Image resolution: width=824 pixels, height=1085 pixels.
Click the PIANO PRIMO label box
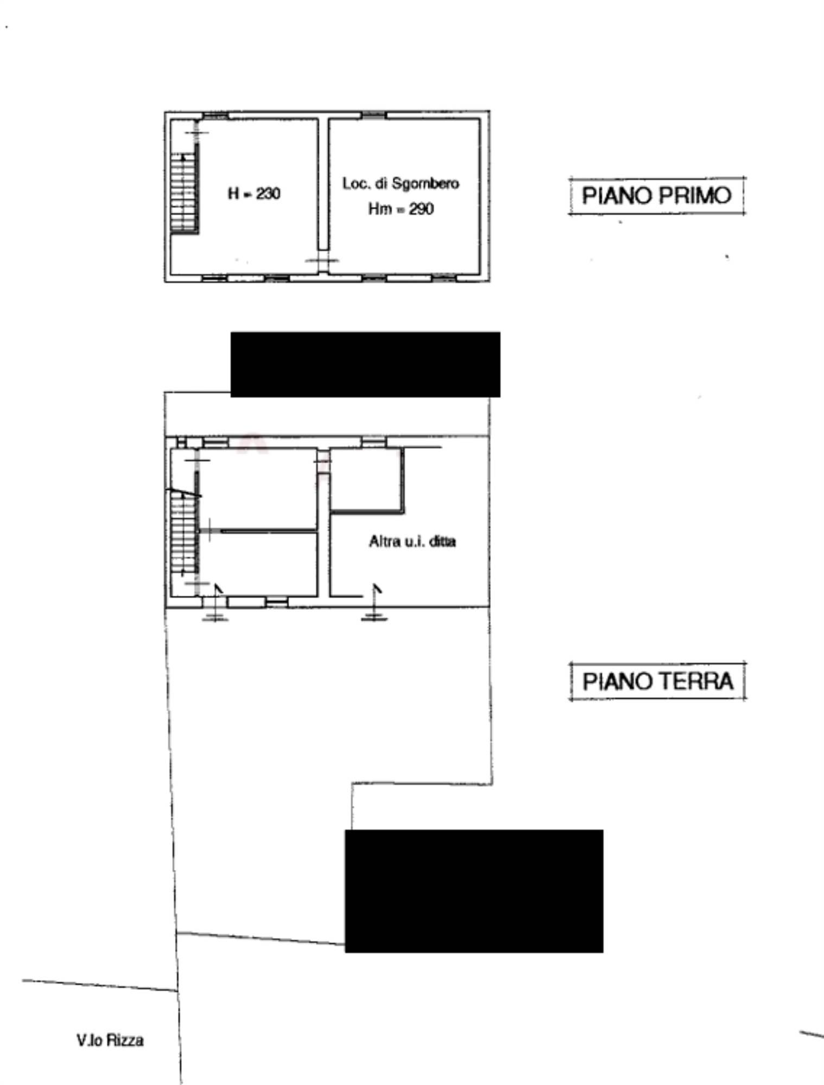[x=657, y=196]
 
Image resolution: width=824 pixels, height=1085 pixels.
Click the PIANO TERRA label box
[x=657, y=681]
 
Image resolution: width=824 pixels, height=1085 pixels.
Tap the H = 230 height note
[x=254, y=194]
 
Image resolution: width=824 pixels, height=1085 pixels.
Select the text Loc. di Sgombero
[x=401, y=184]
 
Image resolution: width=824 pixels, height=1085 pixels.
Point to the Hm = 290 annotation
[x=401, y=209]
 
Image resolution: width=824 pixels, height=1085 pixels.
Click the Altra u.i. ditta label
[x=412, y=541]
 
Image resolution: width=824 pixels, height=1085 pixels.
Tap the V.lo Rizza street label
[x=110, y=1040]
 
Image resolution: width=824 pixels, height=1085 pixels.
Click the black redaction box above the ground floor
[x=365, y=365]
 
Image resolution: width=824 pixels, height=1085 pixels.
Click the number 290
[x=421, y=209]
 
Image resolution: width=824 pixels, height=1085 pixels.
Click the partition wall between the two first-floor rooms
[x=323, y=184]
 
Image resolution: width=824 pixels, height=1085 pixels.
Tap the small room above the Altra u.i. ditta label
[x=366, y=478]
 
